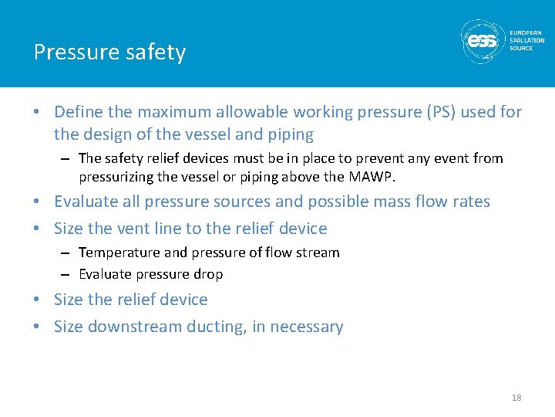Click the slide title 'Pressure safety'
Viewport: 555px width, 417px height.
click(x=109, y=53)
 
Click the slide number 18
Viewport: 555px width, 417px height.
click(x=516, y=398)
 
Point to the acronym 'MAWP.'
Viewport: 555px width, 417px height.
click(x=372, y=177)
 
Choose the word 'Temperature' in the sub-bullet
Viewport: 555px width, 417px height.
click(x=117, y=253)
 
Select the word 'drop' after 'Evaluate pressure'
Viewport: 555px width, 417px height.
click(x=208, y=274)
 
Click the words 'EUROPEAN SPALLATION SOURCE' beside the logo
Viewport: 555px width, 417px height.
click(x=526, y=40)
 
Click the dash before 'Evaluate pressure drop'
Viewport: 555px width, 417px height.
click(x=67, y=274)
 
